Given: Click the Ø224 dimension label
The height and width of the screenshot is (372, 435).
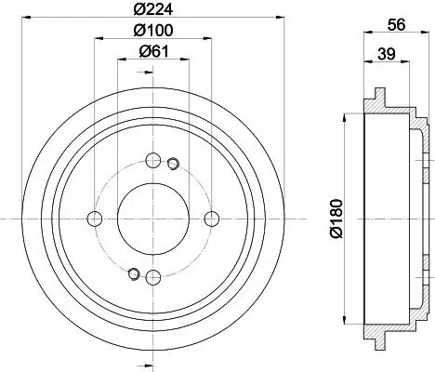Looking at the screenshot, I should [152, 11].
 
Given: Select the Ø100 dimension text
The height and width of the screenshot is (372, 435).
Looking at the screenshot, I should [152, 31].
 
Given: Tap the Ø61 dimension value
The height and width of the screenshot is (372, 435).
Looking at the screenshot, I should [152, 51].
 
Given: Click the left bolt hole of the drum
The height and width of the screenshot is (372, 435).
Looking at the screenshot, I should [94, 219].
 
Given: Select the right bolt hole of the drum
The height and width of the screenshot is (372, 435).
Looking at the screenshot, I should [212, 219].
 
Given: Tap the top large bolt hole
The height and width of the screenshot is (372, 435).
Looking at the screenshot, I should [152, 160].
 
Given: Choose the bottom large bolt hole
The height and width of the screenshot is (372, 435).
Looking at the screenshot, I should [152, 277].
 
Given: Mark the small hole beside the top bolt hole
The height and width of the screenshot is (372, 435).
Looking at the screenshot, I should [172, 165].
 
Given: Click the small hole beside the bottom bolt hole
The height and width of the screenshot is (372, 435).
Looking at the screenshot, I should [134, 273].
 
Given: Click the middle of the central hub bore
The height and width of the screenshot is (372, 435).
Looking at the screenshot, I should [152, 219].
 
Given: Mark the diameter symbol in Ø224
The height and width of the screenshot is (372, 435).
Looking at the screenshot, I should [139, 11].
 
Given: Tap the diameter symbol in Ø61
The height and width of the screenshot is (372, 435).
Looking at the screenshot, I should [142, 51].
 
